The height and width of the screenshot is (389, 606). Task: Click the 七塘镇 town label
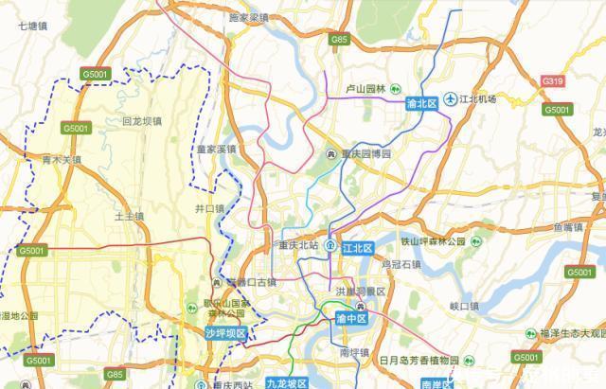[x=34, y=27]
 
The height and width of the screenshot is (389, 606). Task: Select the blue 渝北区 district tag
[x=420, y=101]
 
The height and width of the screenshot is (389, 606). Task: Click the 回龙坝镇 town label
[x=142, y=121]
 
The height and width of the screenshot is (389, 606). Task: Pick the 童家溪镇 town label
[x=216, y=150]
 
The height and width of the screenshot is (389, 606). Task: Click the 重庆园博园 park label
[x=365, y=153]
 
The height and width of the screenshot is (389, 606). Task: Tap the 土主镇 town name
[x=128, y=216]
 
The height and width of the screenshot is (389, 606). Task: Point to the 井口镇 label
[x=208, y=208]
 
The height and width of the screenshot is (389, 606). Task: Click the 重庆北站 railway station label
[x=298, y=246]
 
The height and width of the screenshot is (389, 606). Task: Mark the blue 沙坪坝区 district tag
[x=225, y=333]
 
